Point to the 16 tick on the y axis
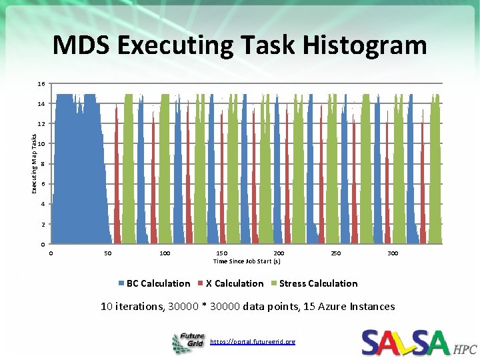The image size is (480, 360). [x=41, y=84]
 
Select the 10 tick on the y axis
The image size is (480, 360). [x=41, y=144]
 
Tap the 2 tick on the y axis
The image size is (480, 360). [x=43, y=224]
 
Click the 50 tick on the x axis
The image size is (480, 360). [x=108, y=253]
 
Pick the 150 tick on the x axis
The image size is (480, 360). [x=221, y=253]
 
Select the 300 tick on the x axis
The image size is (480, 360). [x=393, y=253]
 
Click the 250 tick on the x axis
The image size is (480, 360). [x=336, y=253]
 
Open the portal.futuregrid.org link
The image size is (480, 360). [x=252, y=341]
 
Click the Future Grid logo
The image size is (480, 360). [x=189, y=343]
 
